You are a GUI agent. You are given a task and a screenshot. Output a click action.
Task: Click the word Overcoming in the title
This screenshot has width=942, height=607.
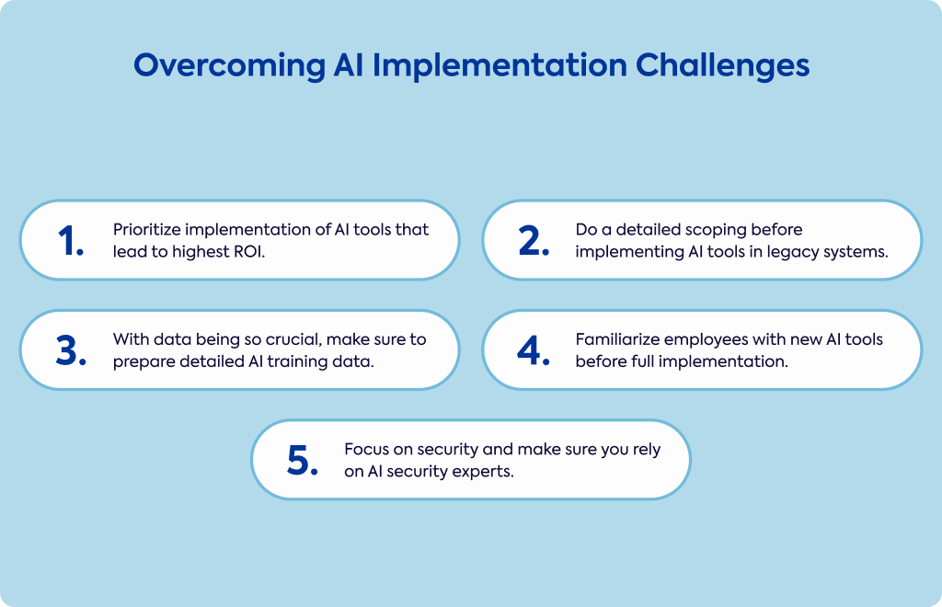click(x=229, y=65)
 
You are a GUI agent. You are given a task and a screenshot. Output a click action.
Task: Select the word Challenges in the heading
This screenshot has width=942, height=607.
click(x=723, y=65)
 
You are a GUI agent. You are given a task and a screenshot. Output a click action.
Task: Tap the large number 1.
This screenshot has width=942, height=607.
click(x=70, y=241)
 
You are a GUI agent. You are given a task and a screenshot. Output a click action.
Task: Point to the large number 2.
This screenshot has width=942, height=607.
click(x=534, y=241)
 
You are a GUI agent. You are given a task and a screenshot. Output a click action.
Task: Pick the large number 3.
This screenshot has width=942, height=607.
click(x=71, y=350)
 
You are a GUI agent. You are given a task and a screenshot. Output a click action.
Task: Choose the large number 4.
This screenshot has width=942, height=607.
click(x=534, y=350)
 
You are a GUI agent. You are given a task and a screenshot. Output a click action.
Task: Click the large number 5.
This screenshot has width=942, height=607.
click(x=302, y=461)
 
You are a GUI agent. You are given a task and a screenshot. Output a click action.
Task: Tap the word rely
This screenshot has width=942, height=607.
click(x=647, y=451)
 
